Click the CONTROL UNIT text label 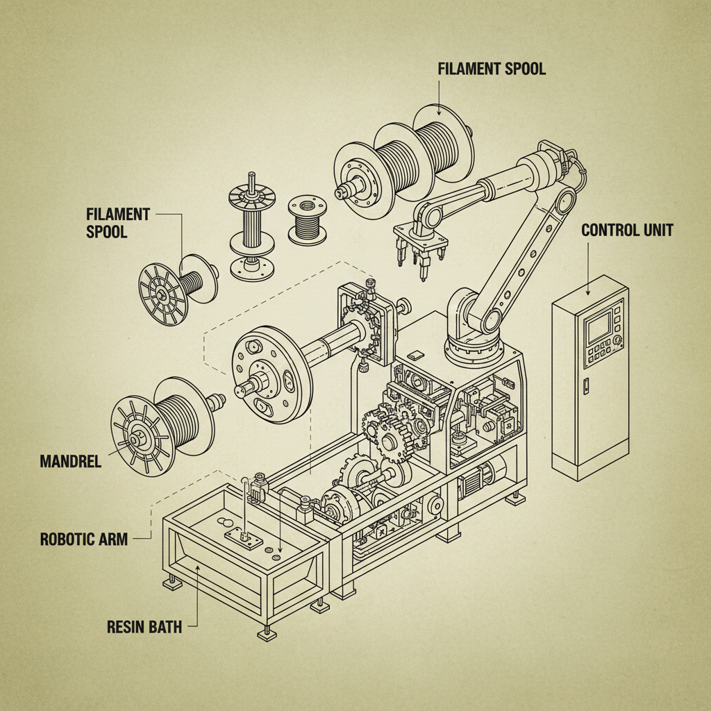(x=626, y=231)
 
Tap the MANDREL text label (x=70, y=461)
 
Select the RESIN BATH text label (x=144, y=627)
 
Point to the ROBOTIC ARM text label (x=84, y=539)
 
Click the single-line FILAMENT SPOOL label (x=492, y=69)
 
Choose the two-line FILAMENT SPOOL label (x=117, y=223)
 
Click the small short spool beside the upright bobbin (x=307, y=220)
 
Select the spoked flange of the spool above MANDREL (x=140, y=436)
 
